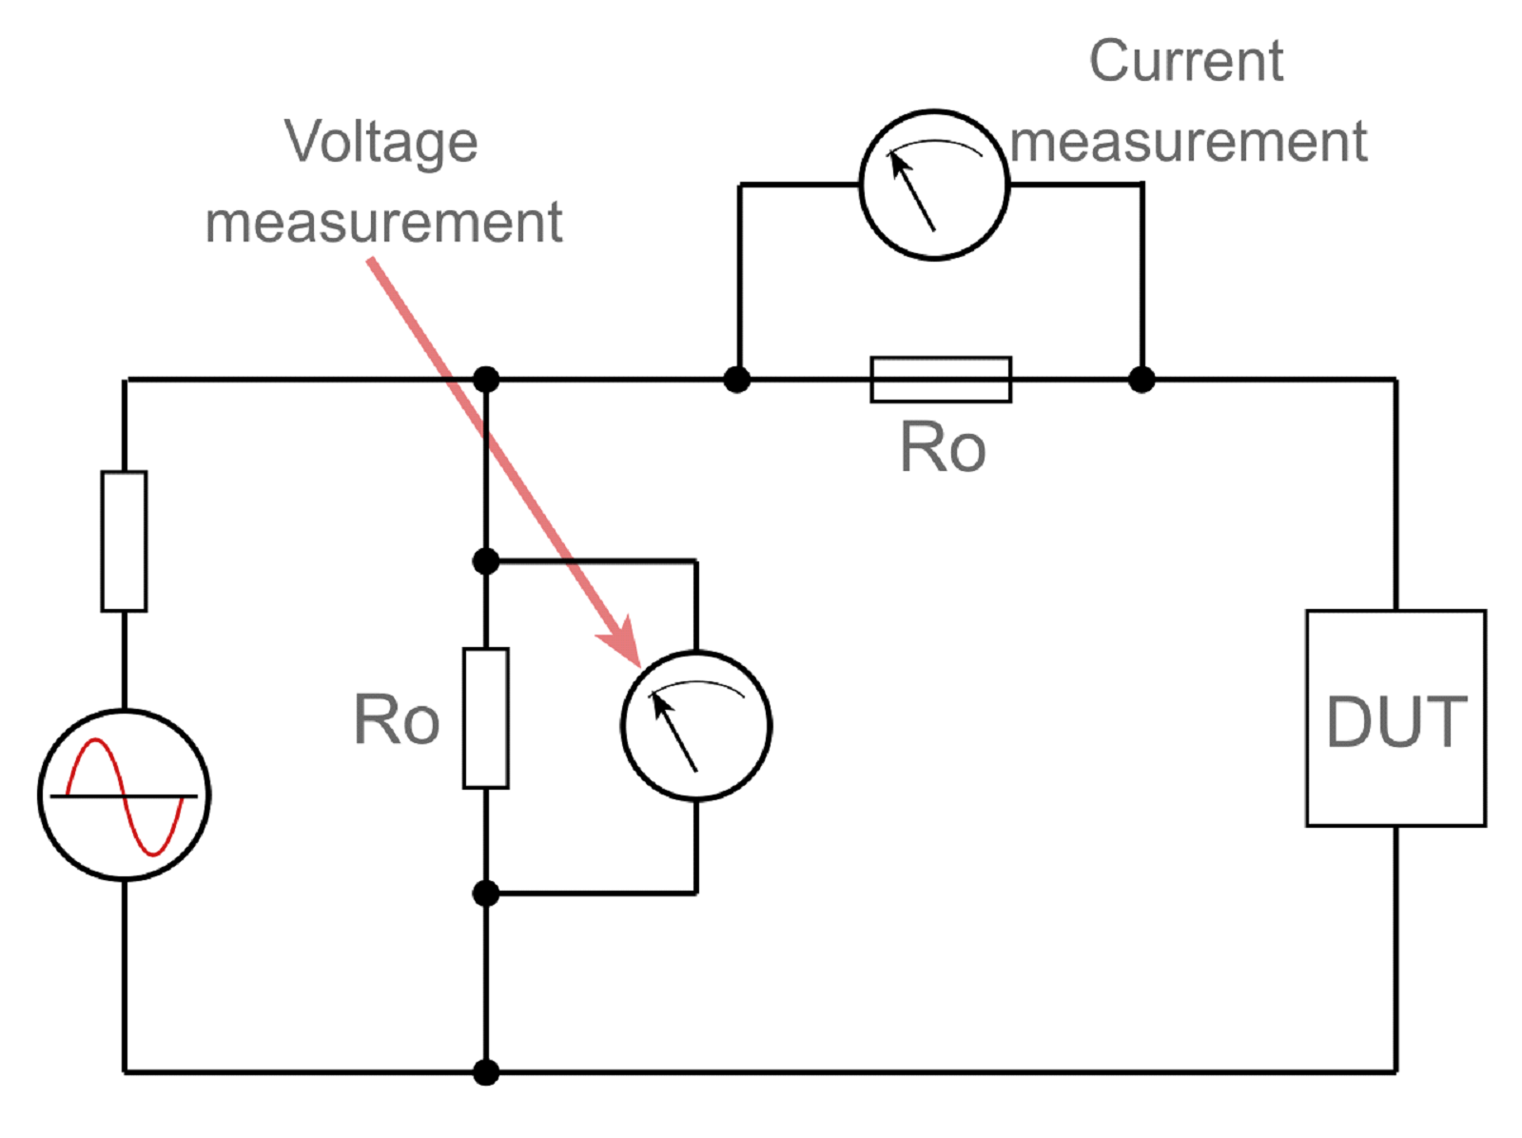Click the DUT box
coord(1395,718)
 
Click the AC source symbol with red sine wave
coord(125,795)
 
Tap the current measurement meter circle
coord(933,185)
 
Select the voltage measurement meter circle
coord(695,725)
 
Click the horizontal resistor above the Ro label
coord(940,380)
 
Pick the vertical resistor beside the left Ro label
coord(485,718)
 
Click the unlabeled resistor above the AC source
coord(124,540)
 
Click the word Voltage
coord(380,143)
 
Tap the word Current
coord(1185,62)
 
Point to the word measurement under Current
coord(1188,143)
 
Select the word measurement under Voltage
coord(383,224)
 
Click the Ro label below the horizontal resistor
coord(942,447)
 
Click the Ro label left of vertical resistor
coord(397,719)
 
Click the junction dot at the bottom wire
coord(485,1072)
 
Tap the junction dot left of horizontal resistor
coord(736,380)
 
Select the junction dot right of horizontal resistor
coord(1141,380)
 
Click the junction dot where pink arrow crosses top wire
coord(485,380)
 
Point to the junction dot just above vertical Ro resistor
coord(485,561)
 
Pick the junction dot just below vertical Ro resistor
coord(485,893)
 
